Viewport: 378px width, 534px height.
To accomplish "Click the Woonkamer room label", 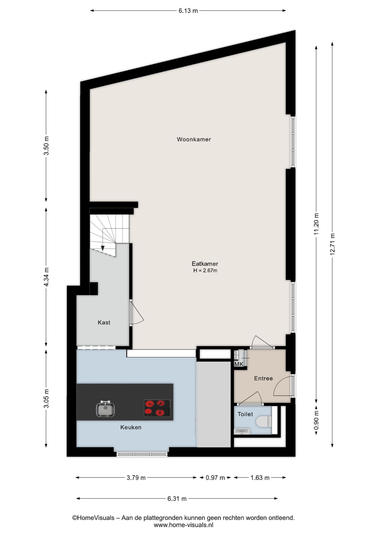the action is (x=194, y=139).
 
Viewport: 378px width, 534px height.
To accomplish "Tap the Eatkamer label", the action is (x=205, y=263).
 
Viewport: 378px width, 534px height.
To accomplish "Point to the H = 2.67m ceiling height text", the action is (x=205, y=270).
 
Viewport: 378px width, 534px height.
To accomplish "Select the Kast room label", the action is (x=104, y=322).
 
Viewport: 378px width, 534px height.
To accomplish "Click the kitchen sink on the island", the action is (x=105, y=409).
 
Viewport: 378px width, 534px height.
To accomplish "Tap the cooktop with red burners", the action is (x=157, y=408).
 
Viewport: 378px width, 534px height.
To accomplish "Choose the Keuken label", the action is (x=131, y=427).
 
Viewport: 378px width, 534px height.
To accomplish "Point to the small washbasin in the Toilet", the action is (x=242, y=431).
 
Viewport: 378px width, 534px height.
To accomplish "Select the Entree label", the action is (x=263, y=378).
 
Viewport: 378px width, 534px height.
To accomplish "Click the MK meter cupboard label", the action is (x=239, y=364).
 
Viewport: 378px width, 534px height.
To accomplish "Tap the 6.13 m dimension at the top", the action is (x=188, y=11).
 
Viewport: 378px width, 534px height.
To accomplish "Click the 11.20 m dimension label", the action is (x=316, y=224).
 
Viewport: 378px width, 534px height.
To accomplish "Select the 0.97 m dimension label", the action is (x=215, y=478).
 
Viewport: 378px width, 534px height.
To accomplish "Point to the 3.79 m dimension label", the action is (x=136, y=478).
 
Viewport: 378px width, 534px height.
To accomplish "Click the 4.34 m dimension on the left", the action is (x=46, y=277).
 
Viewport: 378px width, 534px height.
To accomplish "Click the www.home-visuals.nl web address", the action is (x=183, y=525).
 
